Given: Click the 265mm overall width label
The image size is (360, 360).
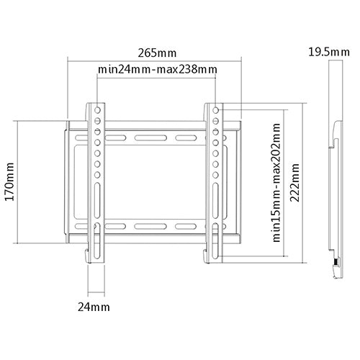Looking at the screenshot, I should tap(156, 53).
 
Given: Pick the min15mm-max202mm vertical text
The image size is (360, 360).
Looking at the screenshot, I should tap(275, 179).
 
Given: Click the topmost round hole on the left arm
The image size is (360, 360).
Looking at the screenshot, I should tap(96, 110).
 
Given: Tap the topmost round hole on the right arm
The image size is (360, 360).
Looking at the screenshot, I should tap(217, 110).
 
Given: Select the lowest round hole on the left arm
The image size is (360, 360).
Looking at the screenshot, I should tap(96, 174).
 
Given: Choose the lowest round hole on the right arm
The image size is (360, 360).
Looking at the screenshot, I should tap(217, 174).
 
